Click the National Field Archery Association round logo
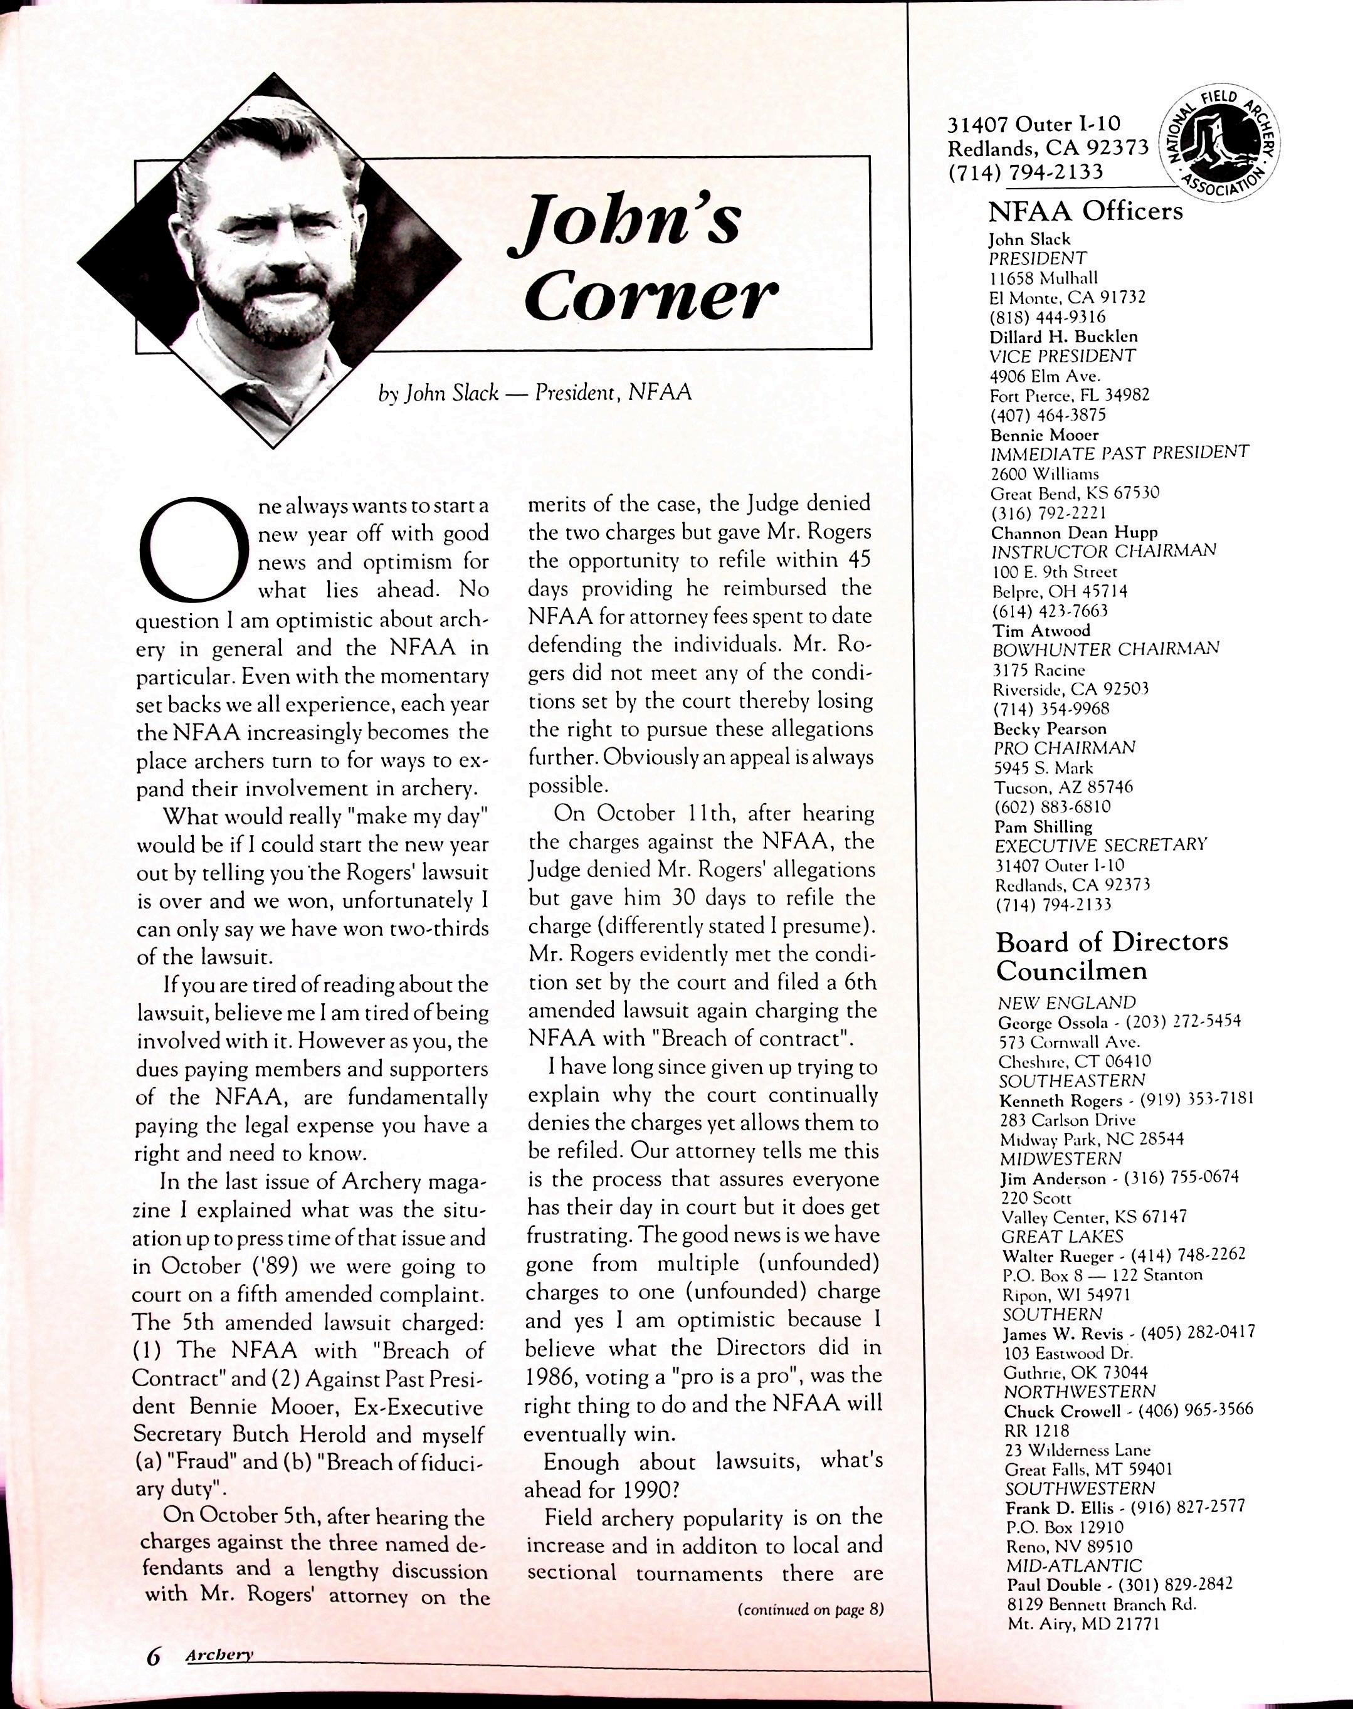point(1219,142)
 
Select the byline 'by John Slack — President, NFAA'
point(535,393)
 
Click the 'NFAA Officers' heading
point(1085,211)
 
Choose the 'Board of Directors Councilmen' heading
point(1112,956)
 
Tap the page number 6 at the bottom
point(153,1655)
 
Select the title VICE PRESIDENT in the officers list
point(1062,356)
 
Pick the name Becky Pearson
point(1050,728)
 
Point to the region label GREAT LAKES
point(1062,1236)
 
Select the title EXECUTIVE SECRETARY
point(1100,845)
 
